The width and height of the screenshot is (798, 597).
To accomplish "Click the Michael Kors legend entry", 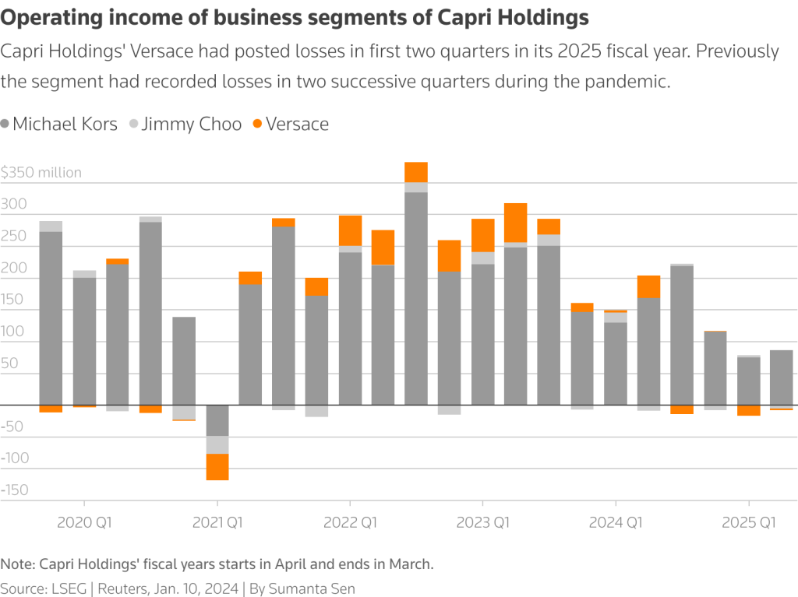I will [65, 124].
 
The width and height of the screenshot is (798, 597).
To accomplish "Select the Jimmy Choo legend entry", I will [192, 124].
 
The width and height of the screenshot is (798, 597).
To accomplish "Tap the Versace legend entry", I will [297, 124].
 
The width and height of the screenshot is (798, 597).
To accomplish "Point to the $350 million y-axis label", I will [41, 173].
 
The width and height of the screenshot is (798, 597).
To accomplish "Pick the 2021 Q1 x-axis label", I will [217, 522].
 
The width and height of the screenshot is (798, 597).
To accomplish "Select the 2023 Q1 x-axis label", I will [483, 522].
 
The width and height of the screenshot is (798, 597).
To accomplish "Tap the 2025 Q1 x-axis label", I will [749, 522].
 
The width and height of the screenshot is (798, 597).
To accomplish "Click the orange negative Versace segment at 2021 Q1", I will [217, 467].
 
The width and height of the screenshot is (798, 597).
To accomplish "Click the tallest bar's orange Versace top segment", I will [416, 172].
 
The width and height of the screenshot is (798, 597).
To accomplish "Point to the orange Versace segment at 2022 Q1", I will [350, 230].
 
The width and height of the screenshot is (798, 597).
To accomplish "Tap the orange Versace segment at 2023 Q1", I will [483, 235].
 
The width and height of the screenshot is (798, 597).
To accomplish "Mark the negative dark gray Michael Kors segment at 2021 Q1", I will [217, 420].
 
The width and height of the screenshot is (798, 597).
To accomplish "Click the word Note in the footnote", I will [17, 564].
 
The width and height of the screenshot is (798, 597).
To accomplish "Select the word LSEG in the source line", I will [71, 588].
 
